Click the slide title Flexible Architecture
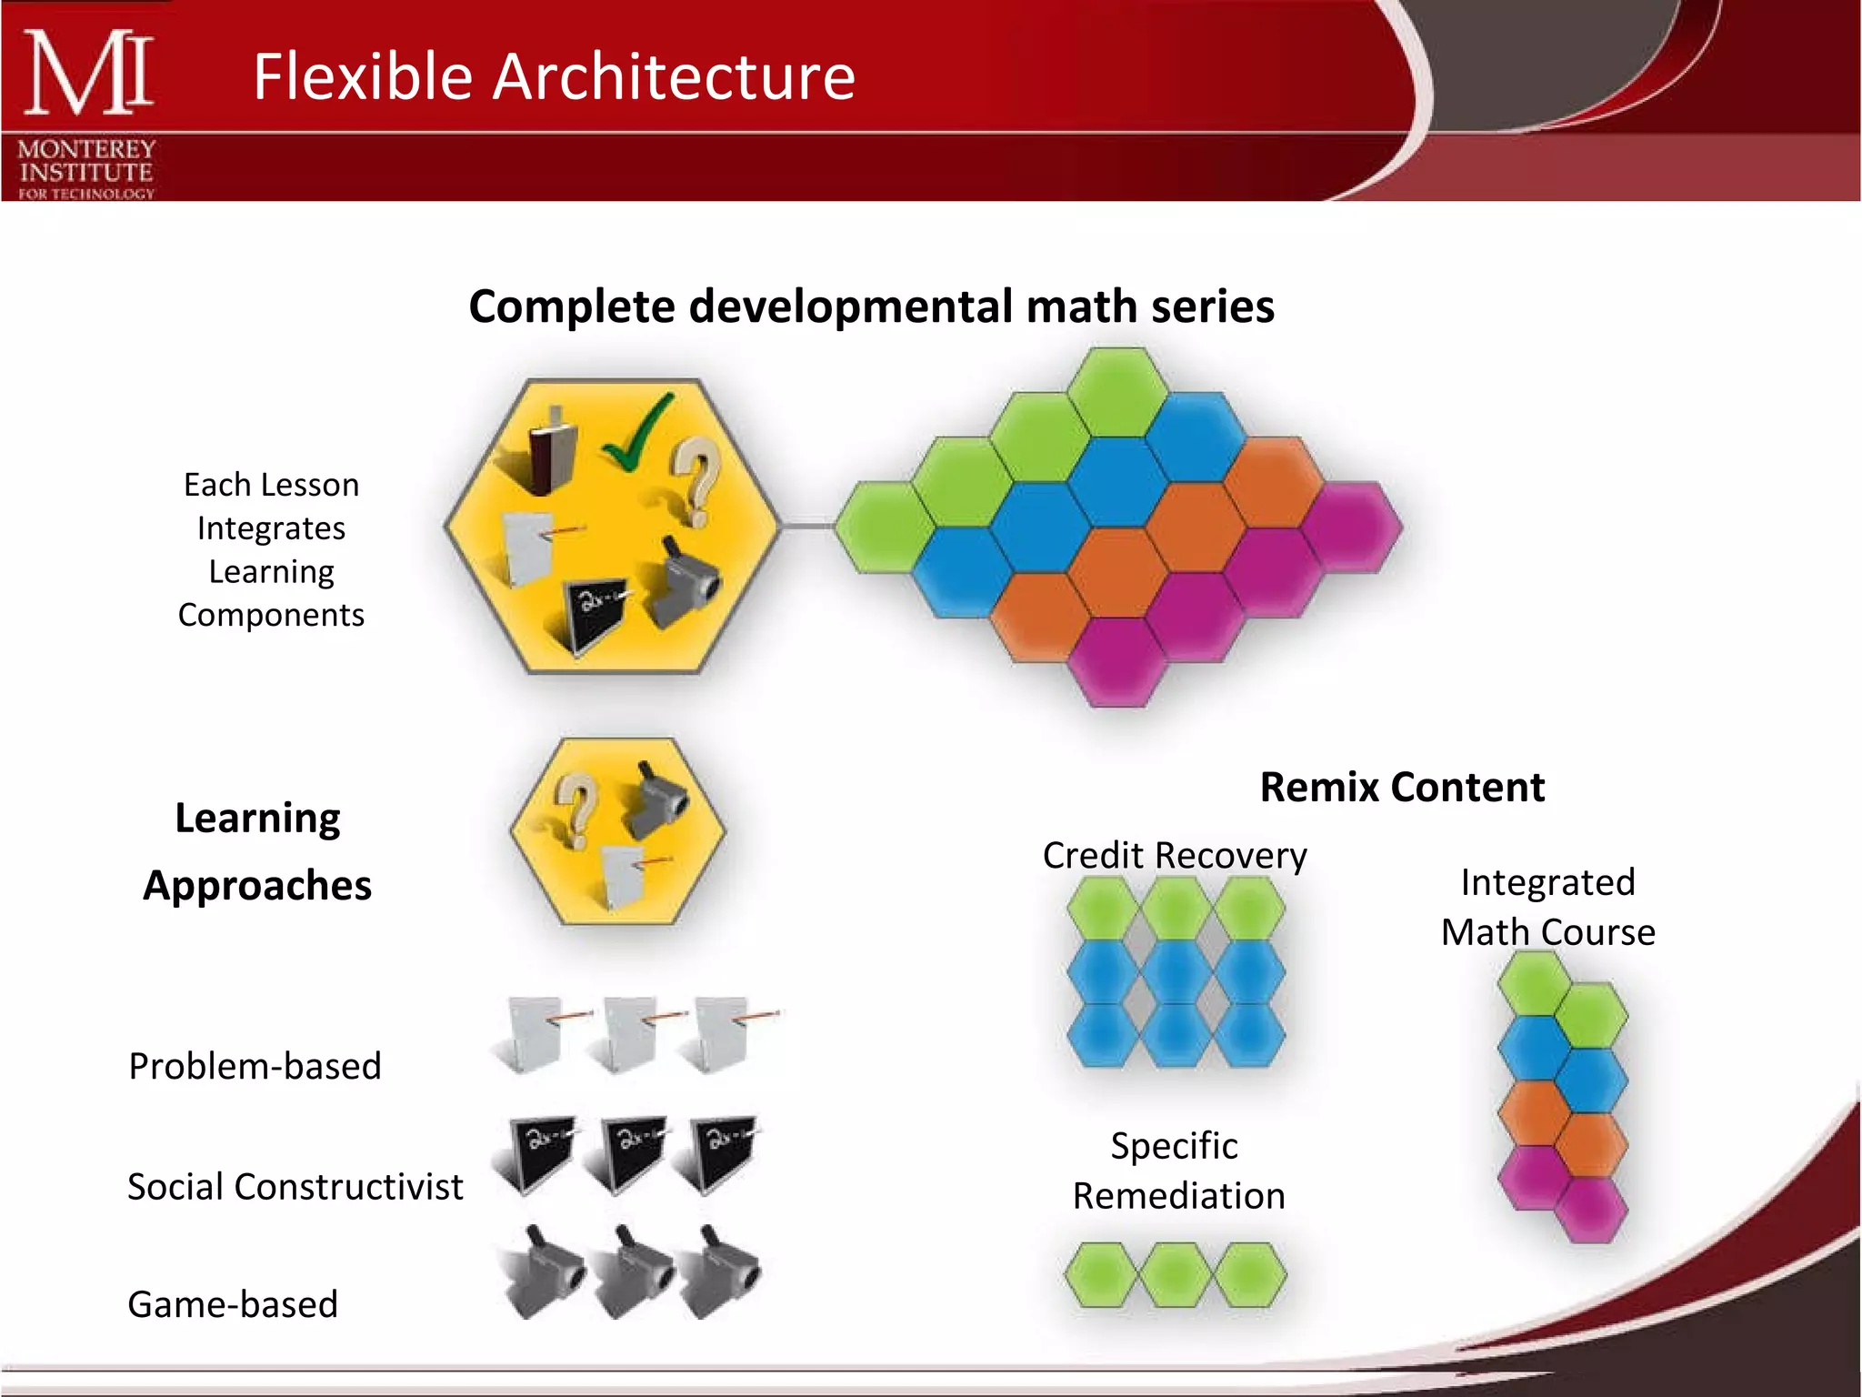click(554, 76)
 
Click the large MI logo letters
click(87, 73)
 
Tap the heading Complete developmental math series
click(871, 307)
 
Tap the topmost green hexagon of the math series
click(1117, 392)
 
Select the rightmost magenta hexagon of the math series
click(1352, 528)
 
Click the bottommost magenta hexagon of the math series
click(1117, 661)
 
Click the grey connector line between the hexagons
click(806, 526)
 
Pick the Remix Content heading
click(1401, 788)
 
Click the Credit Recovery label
click(1174, 856)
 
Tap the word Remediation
click(1178, 1196)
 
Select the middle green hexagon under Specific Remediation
click(1176, 1275)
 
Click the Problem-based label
click(255, 1067)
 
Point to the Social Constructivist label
click(295, 1187)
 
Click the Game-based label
click(233, 1304)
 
